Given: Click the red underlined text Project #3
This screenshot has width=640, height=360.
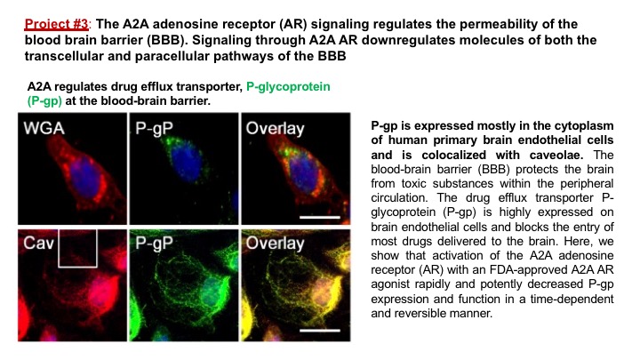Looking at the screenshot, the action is [56, 24].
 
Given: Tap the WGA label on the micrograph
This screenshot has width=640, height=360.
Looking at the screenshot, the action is [44, 128].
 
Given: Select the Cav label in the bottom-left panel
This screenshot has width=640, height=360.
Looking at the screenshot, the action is [38, 244].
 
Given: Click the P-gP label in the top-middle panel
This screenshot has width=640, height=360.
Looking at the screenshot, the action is [154, 129].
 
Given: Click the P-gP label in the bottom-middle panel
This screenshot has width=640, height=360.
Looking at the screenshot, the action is [154, 244].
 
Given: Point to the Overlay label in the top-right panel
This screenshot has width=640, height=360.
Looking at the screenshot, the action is [275, 129].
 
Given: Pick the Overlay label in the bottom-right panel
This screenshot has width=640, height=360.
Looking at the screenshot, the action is [275, 244].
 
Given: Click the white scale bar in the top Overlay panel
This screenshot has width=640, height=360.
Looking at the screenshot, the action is [320, 217].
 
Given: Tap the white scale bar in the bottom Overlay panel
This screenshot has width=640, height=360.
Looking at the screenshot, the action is [320, 330].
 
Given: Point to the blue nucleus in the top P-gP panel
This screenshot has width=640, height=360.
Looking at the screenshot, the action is [186, 161].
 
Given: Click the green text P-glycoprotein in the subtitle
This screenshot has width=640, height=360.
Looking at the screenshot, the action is [288, 86].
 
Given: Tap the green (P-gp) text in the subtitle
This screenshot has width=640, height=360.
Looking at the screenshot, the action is [44, 100].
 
